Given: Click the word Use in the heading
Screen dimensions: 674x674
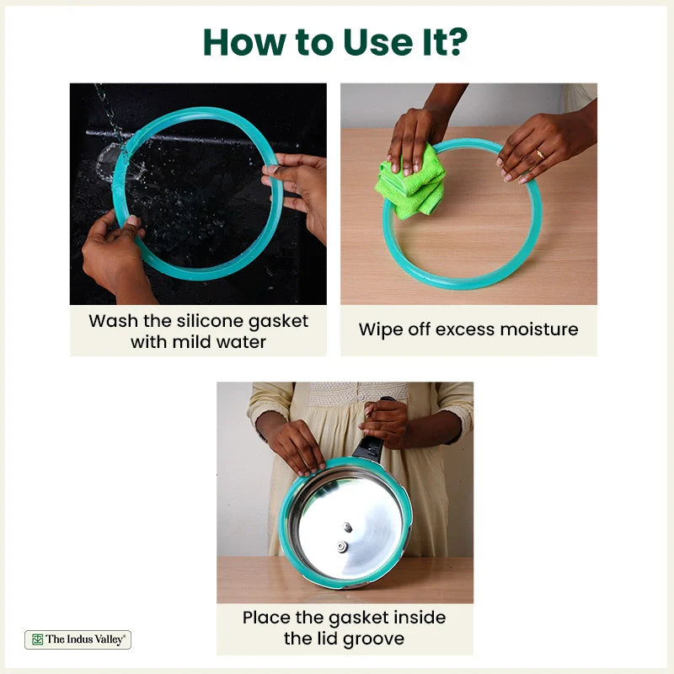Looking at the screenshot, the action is tap(378, 43).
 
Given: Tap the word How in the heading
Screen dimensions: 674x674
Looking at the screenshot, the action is tap(244, 43).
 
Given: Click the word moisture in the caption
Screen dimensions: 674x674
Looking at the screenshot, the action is tap(539, 329).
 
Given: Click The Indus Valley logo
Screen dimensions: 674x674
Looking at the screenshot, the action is tap(78, 639).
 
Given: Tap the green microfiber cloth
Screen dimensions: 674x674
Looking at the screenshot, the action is tap(410, 184).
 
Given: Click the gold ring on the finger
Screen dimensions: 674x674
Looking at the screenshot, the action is tap(540, 154).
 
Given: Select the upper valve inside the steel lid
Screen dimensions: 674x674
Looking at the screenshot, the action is tap(347, 527).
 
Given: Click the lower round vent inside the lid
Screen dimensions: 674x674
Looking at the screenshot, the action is tap(342, 546).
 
